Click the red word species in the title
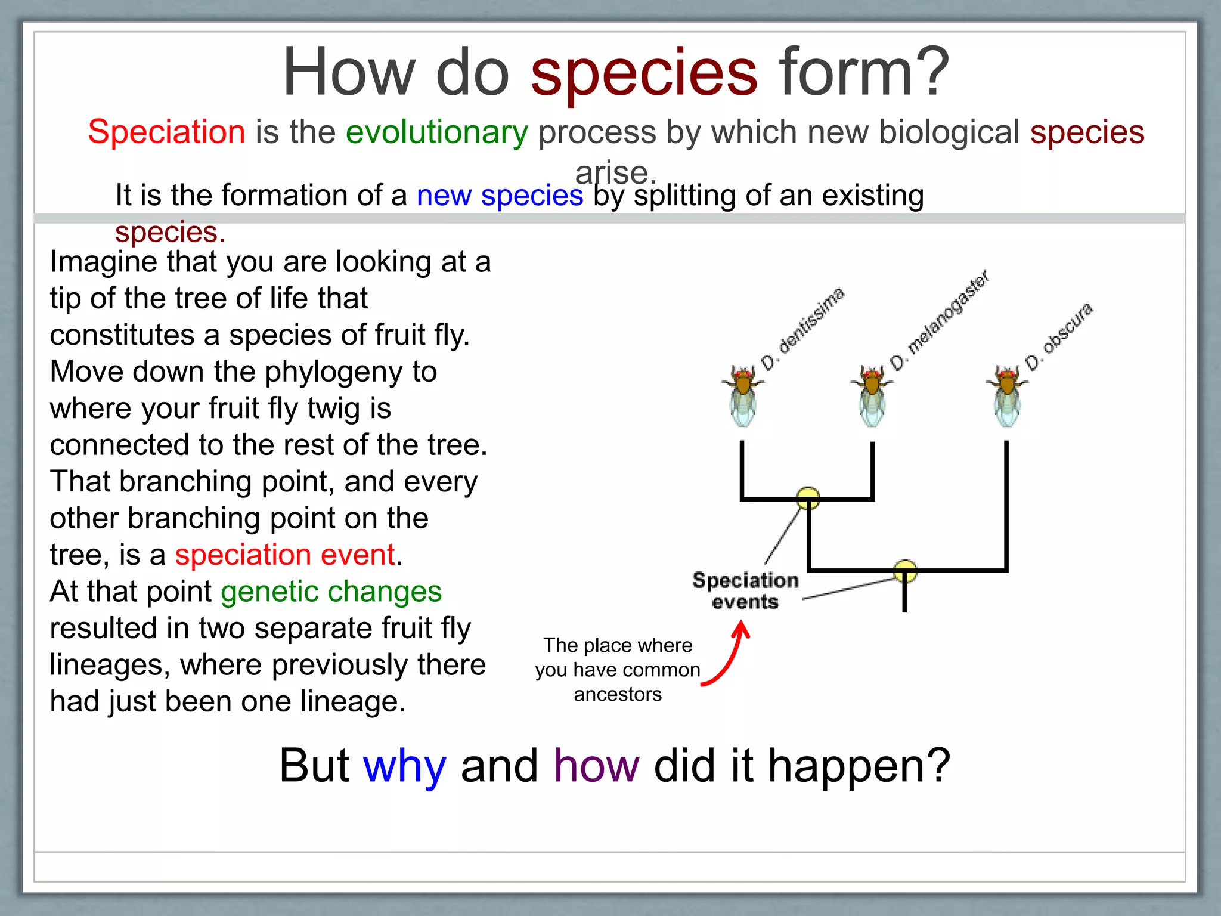pos(644,75)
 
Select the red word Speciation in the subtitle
pos(166,132)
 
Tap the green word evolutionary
pos(436,132)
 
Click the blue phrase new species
pos(500,196)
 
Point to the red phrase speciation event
pos(285,555)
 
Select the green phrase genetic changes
pos(331,592)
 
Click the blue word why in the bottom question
pos(404,766)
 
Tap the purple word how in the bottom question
pos(596,766)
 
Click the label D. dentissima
pos(802,329)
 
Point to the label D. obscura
pos(1059,336)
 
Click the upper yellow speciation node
pos(808,498)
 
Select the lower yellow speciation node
pos(905,571)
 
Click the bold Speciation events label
pos(745,590)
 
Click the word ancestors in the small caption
pos(618,695)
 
